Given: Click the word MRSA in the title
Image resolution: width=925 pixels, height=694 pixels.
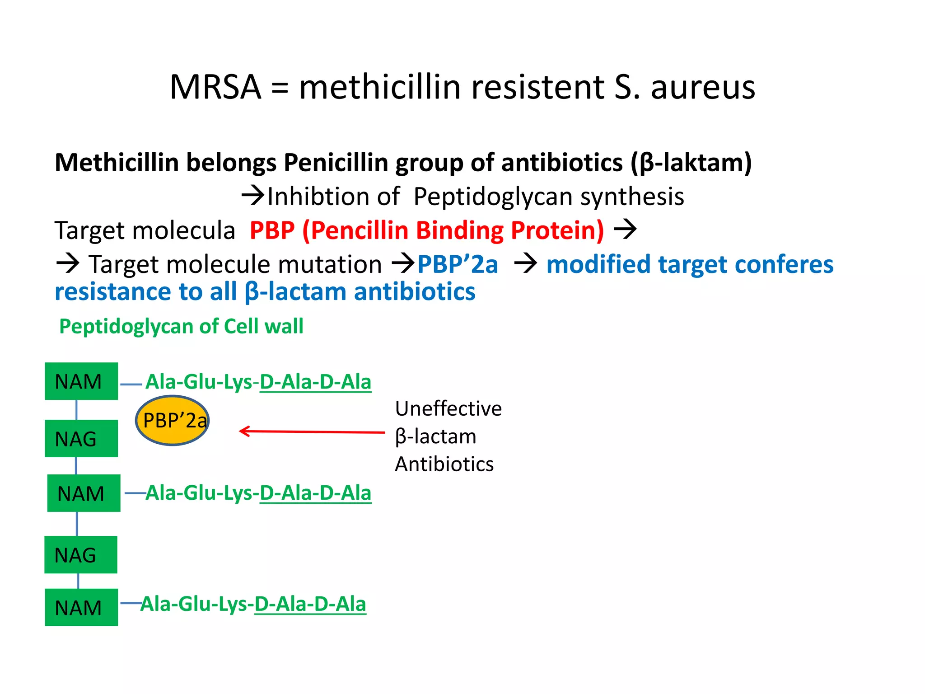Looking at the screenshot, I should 215,87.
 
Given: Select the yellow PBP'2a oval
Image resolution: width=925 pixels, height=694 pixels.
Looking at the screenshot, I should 172,421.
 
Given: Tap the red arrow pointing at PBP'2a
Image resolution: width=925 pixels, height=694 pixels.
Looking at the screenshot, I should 312,432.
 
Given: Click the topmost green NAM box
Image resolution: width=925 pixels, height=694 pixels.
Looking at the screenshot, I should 81,381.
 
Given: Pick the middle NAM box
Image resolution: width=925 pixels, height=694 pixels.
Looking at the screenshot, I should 84,493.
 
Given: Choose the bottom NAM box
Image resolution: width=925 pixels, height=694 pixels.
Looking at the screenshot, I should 81,607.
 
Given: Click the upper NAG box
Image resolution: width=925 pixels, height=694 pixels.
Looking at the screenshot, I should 81,439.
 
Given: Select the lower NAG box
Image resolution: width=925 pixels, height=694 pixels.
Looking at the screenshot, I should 81,555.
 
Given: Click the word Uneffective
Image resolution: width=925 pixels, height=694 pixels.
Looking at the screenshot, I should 448,408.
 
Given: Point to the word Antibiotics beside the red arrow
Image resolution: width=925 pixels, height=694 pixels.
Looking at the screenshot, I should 444,464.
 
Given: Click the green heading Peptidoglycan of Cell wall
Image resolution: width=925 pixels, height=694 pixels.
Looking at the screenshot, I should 181,326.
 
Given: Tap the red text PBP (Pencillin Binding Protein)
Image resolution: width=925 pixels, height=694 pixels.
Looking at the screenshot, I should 426,230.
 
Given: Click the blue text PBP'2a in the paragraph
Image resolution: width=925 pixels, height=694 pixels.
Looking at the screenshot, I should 457,264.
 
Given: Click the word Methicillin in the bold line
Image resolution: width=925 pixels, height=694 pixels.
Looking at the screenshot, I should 117,163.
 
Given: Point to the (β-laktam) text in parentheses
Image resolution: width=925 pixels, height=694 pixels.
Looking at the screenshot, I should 691,163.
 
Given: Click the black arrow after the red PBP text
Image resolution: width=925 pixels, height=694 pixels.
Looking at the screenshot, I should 625,230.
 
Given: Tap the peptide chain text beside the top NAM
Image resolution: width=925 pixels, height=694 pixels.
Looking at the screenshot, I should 258,382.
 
